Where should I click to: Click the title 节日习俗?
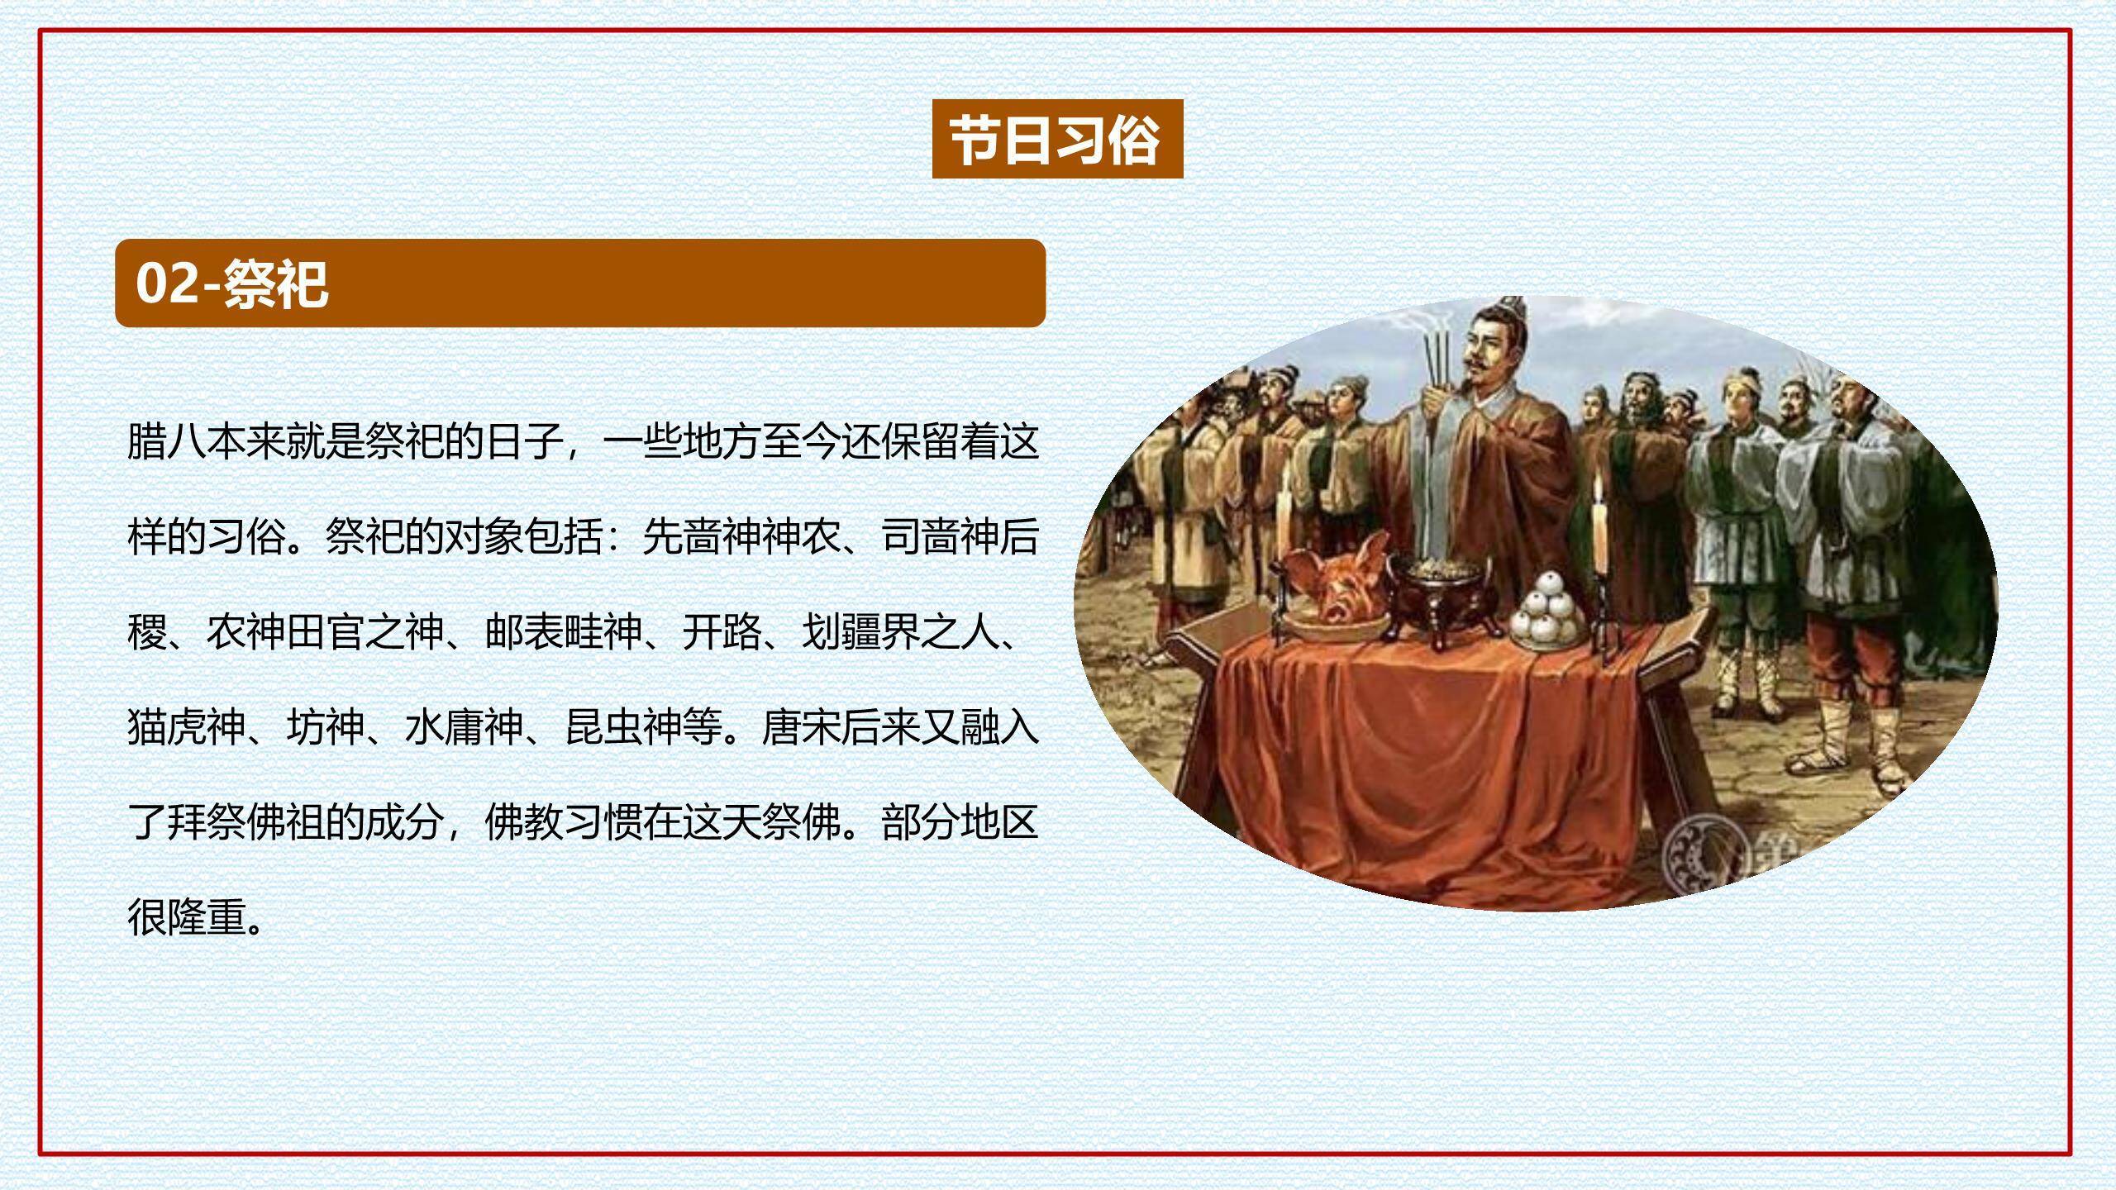pyautogui.click(x=1057, y=140)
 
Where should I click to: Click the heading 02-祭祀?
pyautogui.click(x=231, y=283)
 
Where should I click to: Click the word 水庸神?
pyautogui.click(x=464, y=727)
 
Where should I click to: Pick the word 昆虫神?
pyautogui.click(x=624, y=727)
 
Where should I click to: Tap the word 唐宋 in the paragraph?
pyautogui.click(x=801, y=727)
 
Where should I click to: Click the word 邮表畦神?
pyautogui.click(x=564, y=632)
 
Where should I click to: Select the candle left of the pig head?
pyautogui.click(x=1284, y=521)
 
